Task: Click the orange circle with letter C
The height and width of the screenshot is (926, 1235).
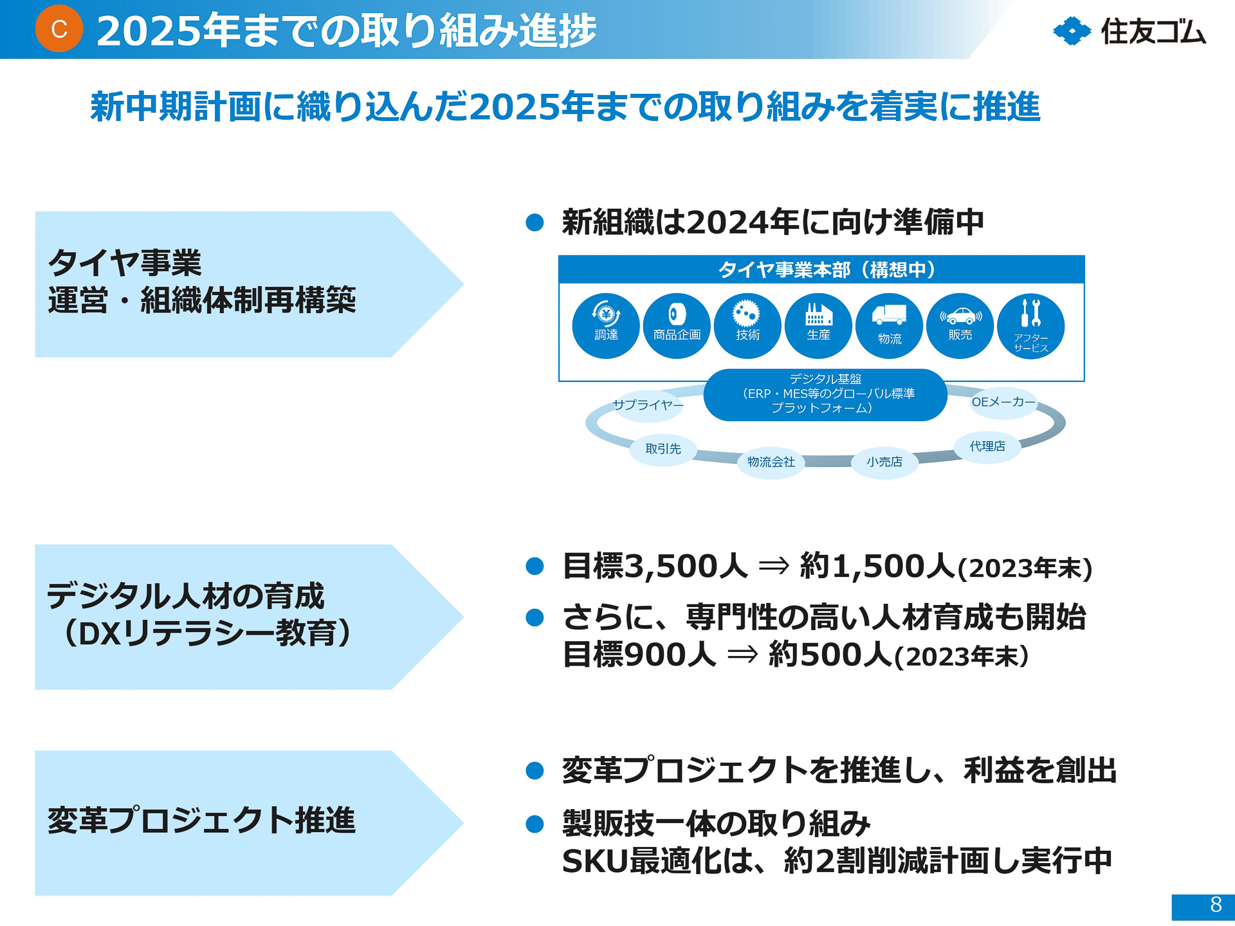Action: (x=59, y=29)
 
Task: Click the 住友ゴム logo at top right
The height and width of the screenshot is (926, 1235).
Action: (x=1130, y=31)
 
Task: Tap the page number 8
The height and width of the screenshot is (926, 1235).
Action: (x=1215, y=905)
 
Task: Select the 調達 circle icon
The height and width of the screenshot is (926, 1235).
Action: (x=606, y=325)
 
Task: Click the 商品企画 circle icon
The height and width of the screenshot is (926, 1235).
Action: (x=677, y=325)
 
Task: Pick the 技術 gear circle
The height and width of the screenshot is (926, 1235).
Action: (x=747, y=325)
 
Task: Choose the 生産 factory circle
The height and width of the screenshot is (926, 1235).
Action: (x=818, y=325)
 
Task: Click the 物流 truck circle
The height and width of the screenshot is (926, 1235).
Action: (x=889, y=325)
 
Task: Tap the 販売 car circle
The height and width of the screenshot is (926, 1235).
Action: (x=960, y=325)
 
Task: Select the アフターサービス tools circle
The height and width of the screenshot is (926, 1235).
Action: (x=1030, y=325)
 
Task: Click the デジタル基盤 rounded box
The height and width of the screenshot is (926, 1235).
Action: (x=825, y=394)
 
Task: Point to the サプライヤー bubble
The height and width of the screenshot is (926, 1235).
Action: (x=648, y=405)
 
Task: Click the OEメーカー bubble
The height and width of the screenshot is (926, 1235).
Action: (x=1003, y=403)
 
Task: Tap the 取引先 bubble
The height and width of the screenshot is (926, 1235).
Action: (x=663, y=449)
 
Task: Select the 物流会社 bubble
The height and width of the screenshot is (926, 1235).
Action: (x=771, y=462)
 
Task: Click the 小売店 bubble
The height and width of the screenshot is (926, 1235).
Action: (x=884, y=462)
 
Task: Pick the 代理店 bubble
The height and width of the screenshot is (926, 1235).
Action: (x=987, y=446)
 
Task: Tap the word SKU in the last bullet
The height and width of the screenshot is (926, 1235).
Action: (x=594, y=861)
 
